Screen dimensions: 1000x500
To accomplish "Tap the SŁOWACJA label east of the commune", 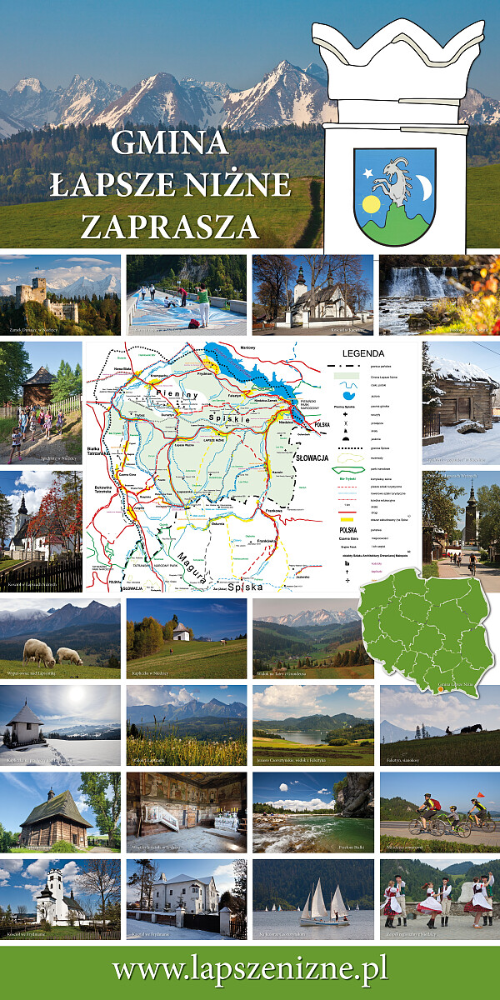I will click(313, 458).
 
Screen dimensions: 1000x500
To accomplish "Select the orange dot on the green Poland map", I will click(440, 689).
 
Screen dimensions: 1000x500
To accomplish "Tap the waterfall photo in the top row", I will click(439, 294).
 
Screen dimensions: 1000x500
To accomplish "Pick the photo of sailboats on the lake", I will click(312, 899).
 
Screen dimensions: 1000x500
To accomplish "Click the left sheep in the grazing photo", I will click(38, 651).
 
